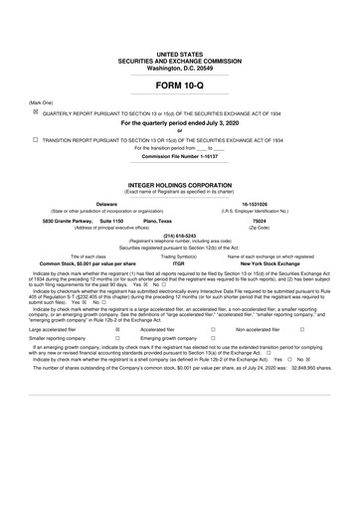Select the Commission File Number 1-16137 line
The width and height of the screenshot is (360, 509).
[x=179, y=156]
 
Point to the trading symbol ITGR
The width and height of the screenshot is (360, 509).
[x=179, y=263]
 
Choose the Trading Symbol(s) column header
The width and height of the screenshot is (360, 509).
[x=179, y=256]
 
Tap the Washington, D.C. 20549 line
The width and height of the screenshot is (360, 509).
[x=179, y=68]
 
